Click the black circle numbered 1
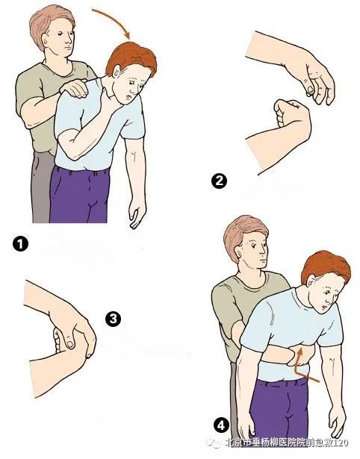click(x=20, y=244)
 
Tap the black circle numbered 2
click(x=219, y=181)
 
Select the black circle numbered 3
click(x=113, y=319)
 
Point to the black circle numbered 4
click(x=221, y=425)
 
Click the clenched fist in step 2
click(x=290, y=113)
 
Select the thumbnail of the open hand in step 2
click(x=310, y=91)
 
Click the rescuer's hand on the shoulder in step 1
click(x=74, y=87)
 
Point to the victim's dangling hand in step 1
click(x=137, y=211)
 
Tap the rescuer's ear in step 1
click(x=46, y=40)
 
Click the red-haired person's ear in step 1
click(x=117, y=72)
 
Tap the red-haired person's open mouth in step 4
click(x=324, y=307)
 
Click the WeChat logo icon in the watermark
click(x=213, y=443)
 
